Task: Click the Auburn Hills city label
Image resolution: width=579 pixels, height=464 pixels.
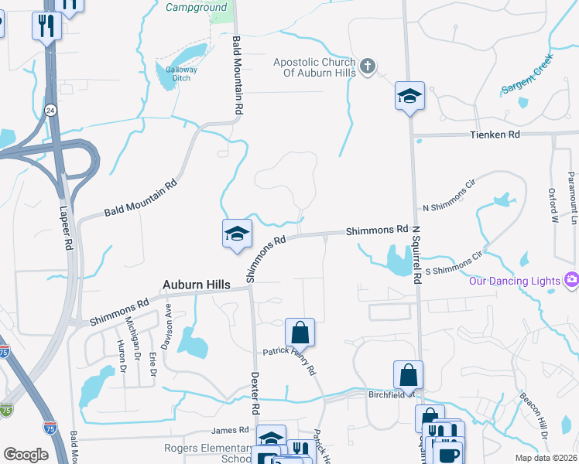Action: (196, 285)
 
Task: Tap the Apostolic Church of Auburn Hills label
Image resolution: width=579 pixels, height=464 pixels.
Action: (314, 67)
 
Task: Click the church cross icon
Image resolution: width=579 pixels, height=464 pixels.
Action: (368, 67)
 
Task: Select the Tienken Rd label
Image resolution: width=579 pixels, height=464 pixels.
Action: (492, 134)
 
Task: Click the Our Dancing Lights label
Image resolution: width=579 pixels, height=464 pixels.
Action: (513, 280)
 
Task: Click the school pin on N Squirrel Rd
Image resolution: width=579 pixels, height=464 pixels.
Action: (409, 96)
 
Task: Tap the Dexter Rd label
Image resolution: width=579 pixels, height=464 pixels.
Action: (254, 391)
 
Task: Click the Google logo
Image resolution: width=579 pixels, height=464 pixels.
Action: (26, 455)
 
